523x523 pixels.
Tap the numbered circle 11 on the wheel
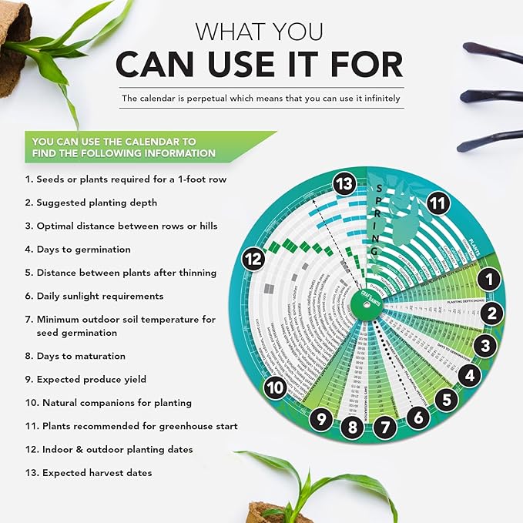pyautogui.click(x=438, y=203)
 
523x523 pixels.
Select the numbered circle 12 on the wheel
pyautogui.click(x=254, y=260)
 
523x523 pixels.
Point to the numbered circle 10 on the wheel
pyautogui.click(x=275, y=387)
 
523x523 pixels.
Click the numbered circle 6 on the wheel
pyautogui.click(x=418, y=417)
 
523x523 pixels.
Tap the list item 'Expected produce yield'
pyautogui.click(x=94, y=379)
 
